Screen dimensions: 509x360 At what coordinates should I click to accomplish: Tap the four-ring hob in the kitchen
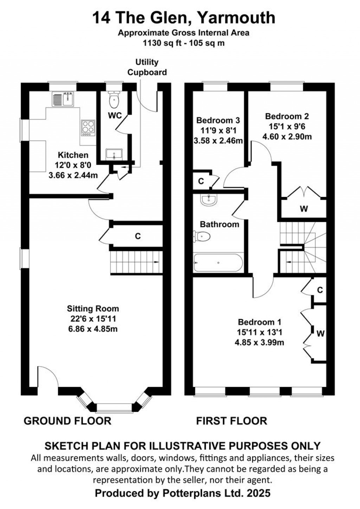(88, 128)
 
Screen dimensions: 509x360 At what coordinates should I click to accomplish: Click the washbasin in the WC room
(114, 154)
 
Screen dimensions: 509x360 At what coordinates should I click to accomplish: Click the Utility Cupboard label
(147, 67)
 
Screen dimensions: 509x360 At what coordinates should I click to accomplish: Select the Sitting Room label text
(93, 308)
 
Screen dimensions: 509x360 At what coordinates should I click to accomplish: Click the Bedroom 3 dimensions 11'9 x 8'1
(218, 131)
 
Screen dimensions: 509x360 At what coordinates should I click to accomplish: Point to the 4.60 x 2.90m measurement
(287, 136)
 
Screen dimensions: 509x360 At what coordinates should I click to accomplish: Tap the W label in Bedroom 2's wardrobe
(304, 209)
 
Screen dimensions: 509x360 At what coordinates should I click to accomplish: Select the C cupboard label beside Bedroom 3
(201, 181)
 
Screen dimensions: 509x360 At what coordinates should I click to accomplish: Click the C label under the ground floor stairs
(138, 236)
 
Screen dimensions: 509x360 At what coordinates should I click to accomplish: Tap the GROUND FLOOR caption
(67, 420)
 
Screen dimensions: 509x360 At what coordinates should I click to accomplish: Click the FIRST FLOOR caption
(231, 420)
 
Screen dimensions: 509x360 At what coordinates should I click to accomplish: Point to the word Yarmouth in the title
(236, 18)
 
